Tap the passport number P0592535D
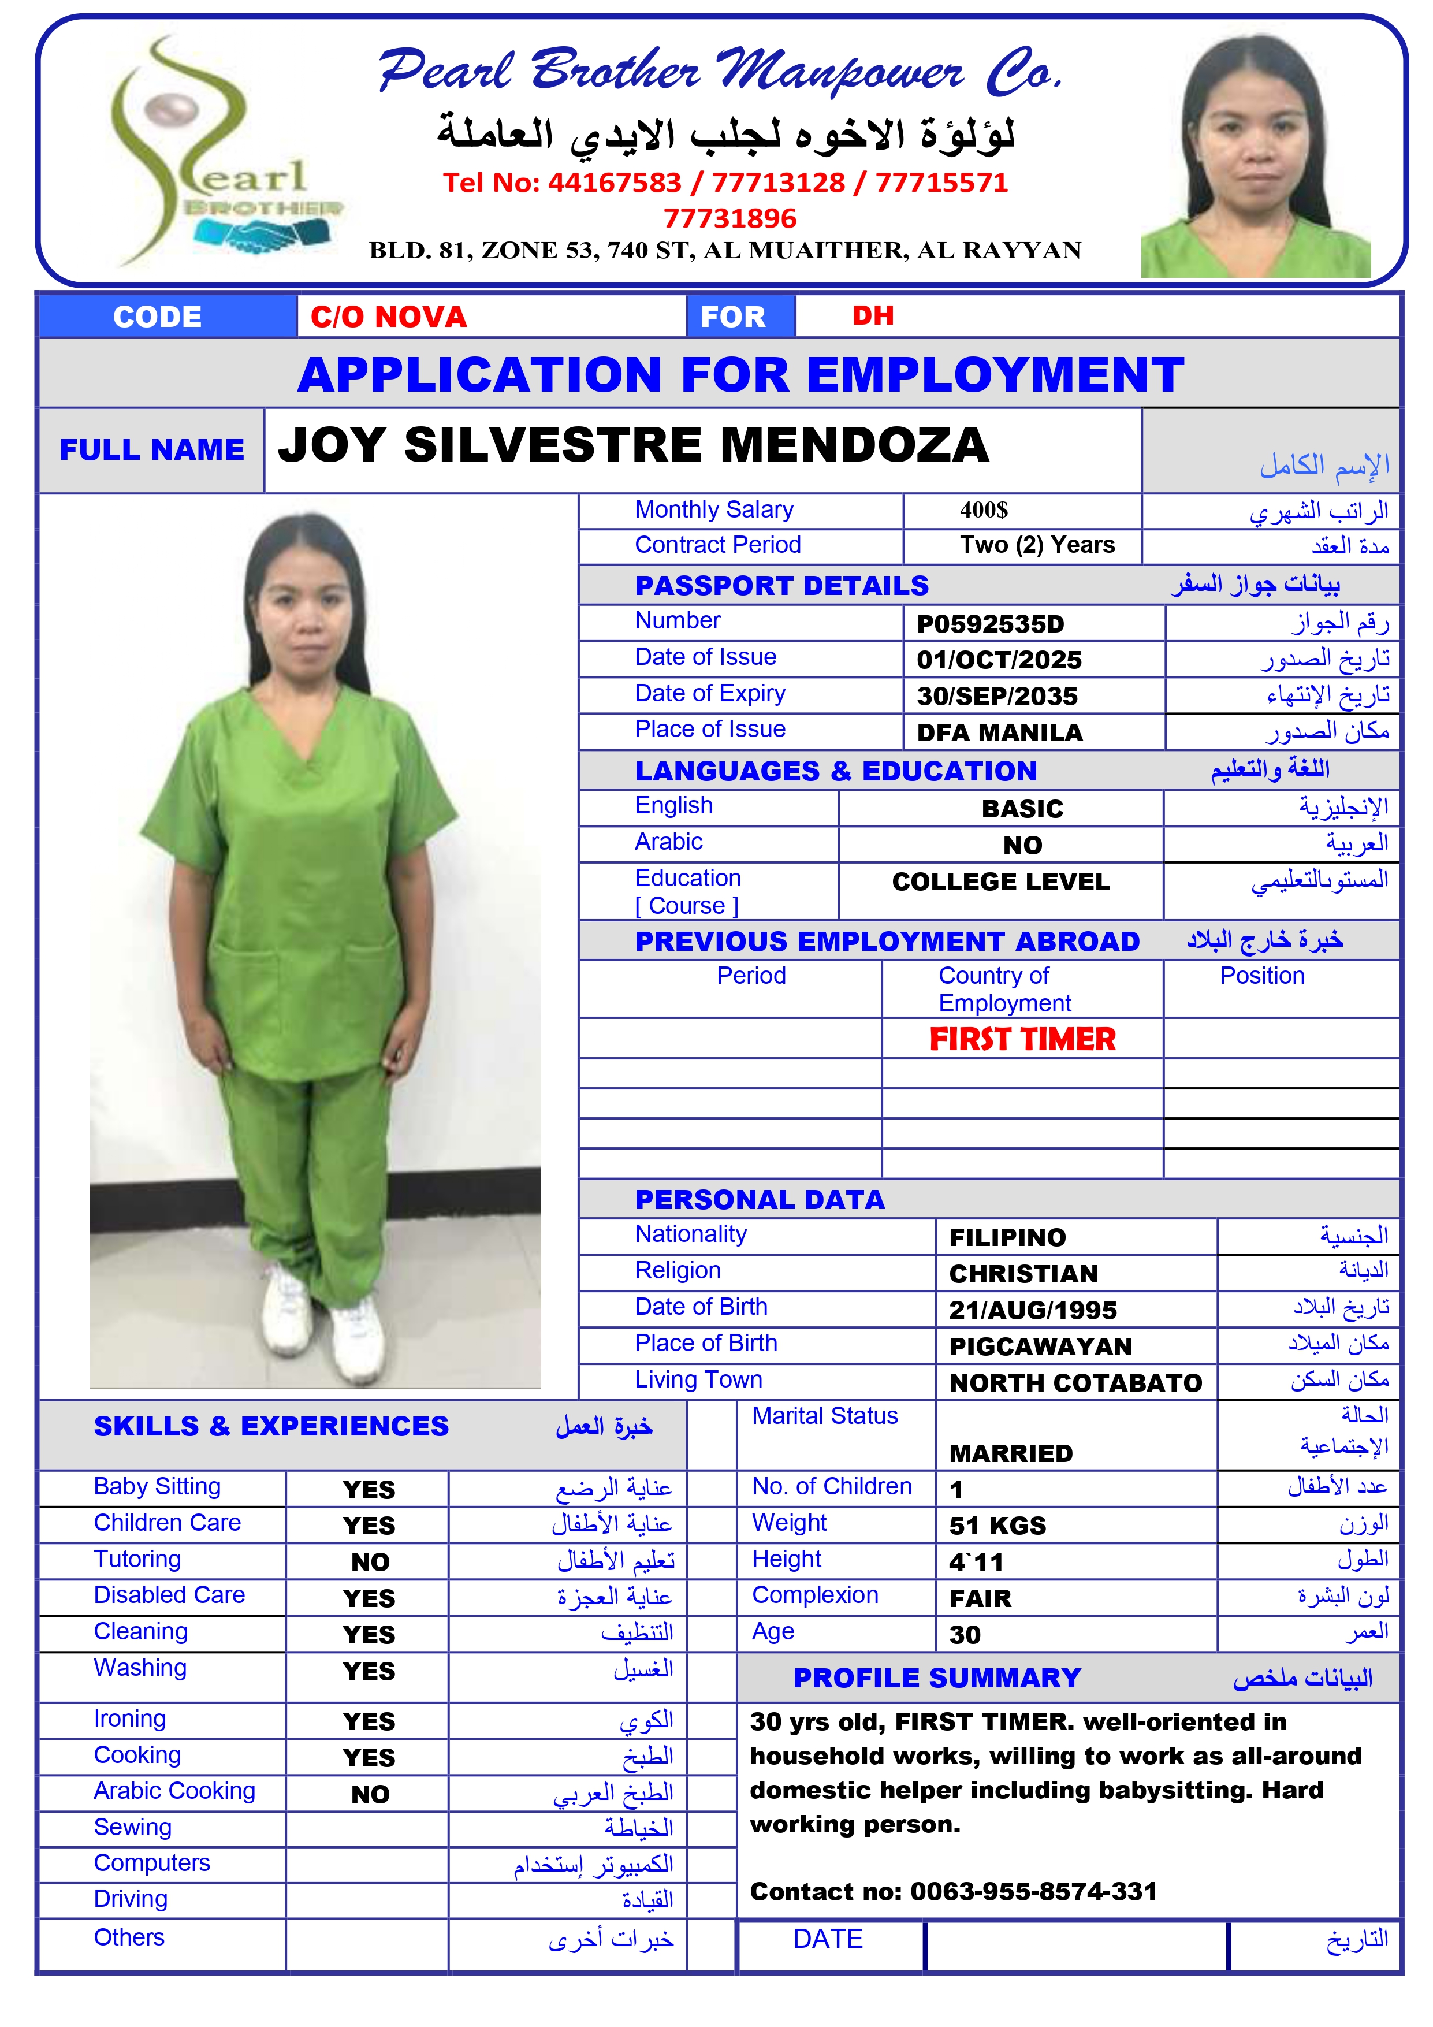tap(990, 624)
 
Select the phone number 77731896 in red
tap(729, 218)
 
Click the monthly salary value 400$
tap(984, 510)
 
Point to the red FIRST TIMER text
tap(1022, 1039)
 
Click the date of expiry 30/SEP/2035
tap(997, 697)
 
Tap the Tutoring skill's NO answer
tap(370, 1563)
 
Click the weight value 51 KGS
tap(997, 1526)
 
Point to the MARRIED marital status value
tap(1010, 1453)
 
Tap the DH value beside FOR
tap(872, 316)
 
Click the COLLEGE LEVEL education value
tap(1000, 882)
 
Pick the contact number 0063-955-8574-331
tap(1033, 1891)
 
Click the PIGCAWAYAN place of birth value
tap(1040, 1347)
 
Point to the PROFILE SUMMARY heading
tap(937, 1678)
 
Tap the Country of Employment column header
tap(1004, 989)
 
